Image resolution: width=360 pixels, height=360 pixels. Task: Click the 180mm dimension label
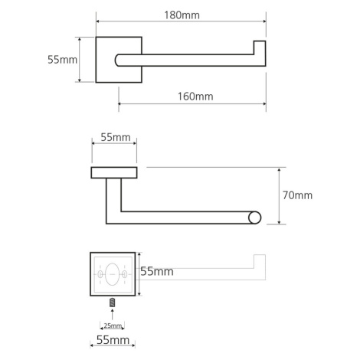point(182,15)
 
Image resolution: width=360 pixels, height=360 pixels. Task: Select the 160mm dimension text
point(195,97)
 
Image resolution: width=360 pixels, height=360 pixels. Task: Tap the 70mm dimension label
point(297,195)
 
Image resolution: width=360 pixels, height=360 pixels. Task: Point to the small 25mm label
point(113,326)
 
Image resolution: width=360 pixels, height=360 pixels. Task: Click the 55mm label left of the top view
point(62,60)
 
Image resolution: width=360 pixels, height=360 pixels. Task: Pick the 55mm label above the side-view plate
point(116,137)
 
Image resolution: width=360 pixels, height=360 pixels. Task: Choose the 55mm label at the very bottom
point(113,340)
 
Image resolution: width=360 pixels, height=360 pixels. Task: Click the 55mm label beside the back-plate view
point(157,271)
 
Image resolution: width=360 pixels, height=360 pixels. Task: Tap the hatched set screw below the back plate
point(112,303)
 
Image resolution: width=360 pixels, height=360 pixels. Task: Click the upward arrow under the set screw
point(112,314)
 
